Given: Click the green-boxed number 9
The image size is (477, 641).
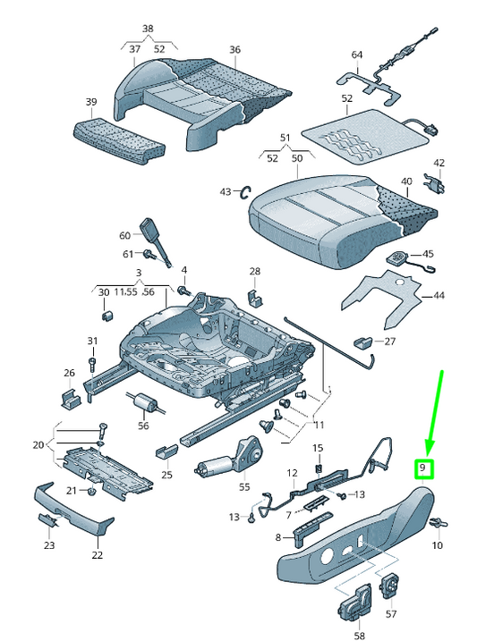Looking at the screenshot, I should [425, 468].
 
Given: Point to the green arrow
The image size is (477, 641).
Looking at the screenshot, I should [434, 411].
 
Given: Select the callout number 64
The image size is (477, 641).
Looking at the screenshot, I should [356, 55].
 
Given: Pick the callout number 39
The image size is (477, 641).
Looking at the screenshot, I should [90, 103].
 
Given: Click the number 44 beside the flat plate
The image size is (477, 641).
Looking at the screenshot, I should [438, 295].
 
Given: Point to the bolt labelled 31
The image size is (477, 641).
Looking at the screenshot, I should [92, 362].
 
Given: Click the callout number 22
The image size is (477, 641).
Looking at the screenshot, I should [97, 554].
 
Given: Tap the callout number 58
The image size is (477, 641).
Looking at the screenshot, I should [359, 636].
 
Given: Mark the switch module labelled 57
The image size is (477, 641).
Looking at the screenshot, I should [390, 587].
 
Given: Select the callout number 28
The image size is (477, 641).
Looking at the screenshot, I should [255, 271].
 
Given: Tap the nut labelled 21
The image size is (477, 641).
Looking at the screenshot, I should [91, 491].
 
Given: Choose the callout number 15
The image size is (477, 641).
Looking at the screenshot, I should [317, 448].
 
